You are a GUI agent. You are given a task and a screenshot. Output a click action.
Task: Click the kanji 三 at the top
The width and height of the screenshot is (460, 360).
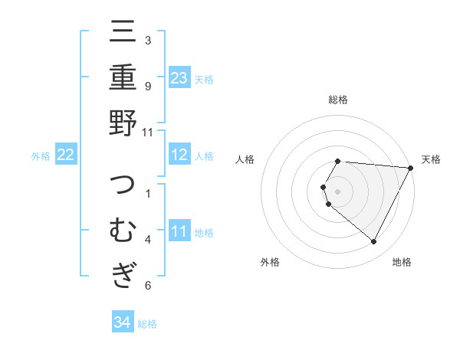(123, 34)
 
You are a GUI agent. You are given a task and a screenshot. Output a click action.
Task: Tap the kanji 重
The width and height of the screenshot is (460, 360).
(123, 77)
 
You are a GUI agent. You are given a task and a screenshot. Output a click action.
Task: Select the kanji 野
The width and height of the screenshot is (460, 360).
(123, 123)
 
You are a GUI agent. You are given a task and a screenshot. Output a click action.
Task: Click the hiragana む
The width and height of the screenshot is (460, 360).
(123, 231)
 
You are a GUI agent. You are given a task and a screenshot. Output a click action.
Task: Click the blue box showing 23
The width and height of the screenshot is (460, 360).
(179, 77)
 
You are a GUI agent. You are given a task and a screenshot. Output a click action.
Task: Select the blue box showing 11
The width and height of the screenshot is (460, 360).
(179, 231)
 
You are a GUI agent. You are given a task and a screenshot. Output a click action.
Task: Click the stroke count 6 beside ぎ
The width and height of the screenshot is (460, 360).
(148, 286)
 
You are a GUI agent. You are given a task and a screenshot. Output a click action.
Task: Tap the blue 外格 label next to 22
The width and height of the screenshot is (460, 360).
(41, 156)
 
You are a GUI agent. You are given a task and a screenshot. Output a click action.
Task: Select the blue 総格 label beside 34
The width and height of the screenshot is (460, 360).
(147, 324)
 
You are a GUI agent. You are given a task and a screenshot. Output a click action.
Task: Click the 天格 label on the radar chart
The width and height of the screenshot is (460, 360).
(432, 159)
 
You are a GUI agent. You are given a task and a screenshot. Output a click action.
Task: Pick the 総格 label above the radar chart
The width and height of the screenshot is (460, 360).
(338, 100)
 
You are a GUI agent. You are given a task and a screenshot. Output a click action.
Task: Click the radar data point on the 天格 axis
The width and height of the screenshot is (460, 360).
(411, 168)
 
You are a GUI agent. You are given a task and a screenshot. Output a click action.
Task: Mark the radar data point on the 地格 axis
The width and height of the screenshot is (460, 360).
(374, 242)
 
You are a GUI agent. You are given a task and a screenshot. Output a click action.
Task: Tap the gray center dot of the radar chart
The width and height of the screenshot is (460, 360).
(338, 190)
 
